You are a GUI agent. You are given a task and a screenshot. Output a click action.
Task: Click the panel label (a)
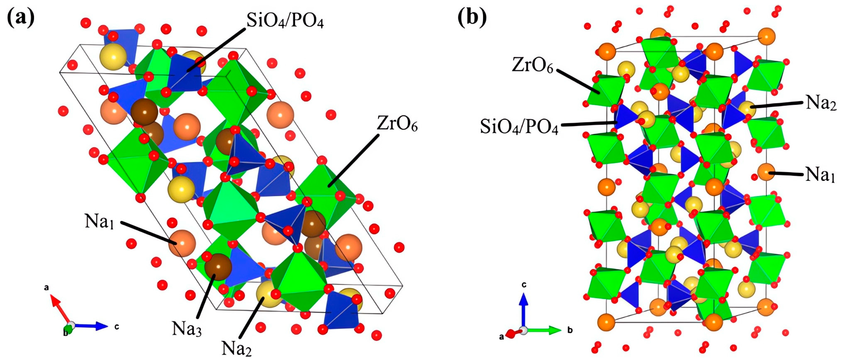(x=20, y=18)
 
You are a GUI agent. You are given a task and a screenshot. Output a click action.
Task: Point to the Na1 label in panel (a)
(x=99, y=222)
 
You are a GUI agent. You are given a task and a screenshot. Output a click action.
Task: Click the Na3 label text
(x=187, y=328)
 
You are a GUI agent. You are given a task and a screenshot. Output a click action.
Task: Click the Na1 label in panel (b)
(x=820, y=174)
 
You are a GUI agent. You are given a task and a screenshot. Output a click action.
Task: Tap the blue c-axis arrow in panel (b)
(x=524, y=308)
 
